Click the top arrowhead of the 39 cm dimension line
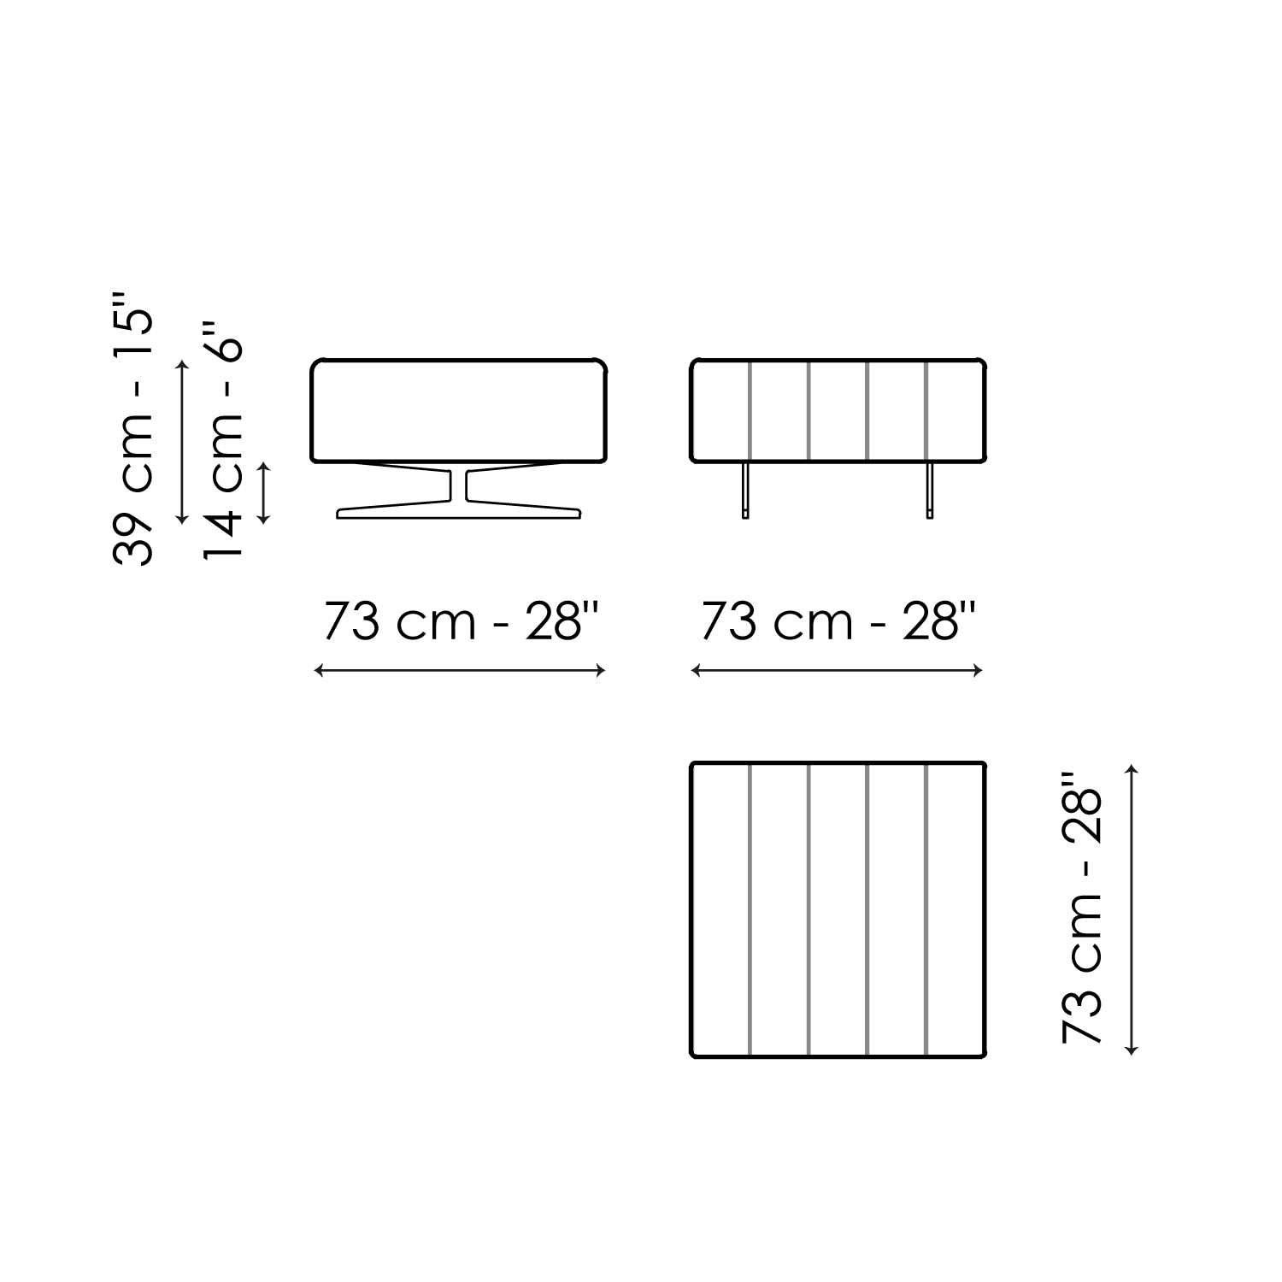click(181, 362)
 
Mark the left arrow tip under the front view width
click(315, 671)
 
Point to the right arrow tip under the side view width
click(982, 671)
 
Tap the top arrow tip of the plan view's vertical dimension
click(1133, 766)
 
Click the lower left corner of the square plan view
click(691, 1057)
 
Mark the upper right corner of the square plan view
click(985, 763)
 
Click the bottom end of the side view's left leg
click(746, 518)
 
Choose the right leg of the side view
click(929, 491)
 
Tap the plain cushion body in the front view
click(459, 412)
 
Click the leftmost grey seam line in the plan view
click(750, 910)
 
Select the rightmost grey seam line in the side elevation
click(926, 412)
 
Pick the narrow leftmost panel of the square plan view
click(720, 910)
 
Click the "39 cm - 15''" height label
click(132, 428)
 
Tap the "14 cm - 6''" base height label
click(223, 441)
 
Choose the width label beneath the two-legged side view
click(838, 621)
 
